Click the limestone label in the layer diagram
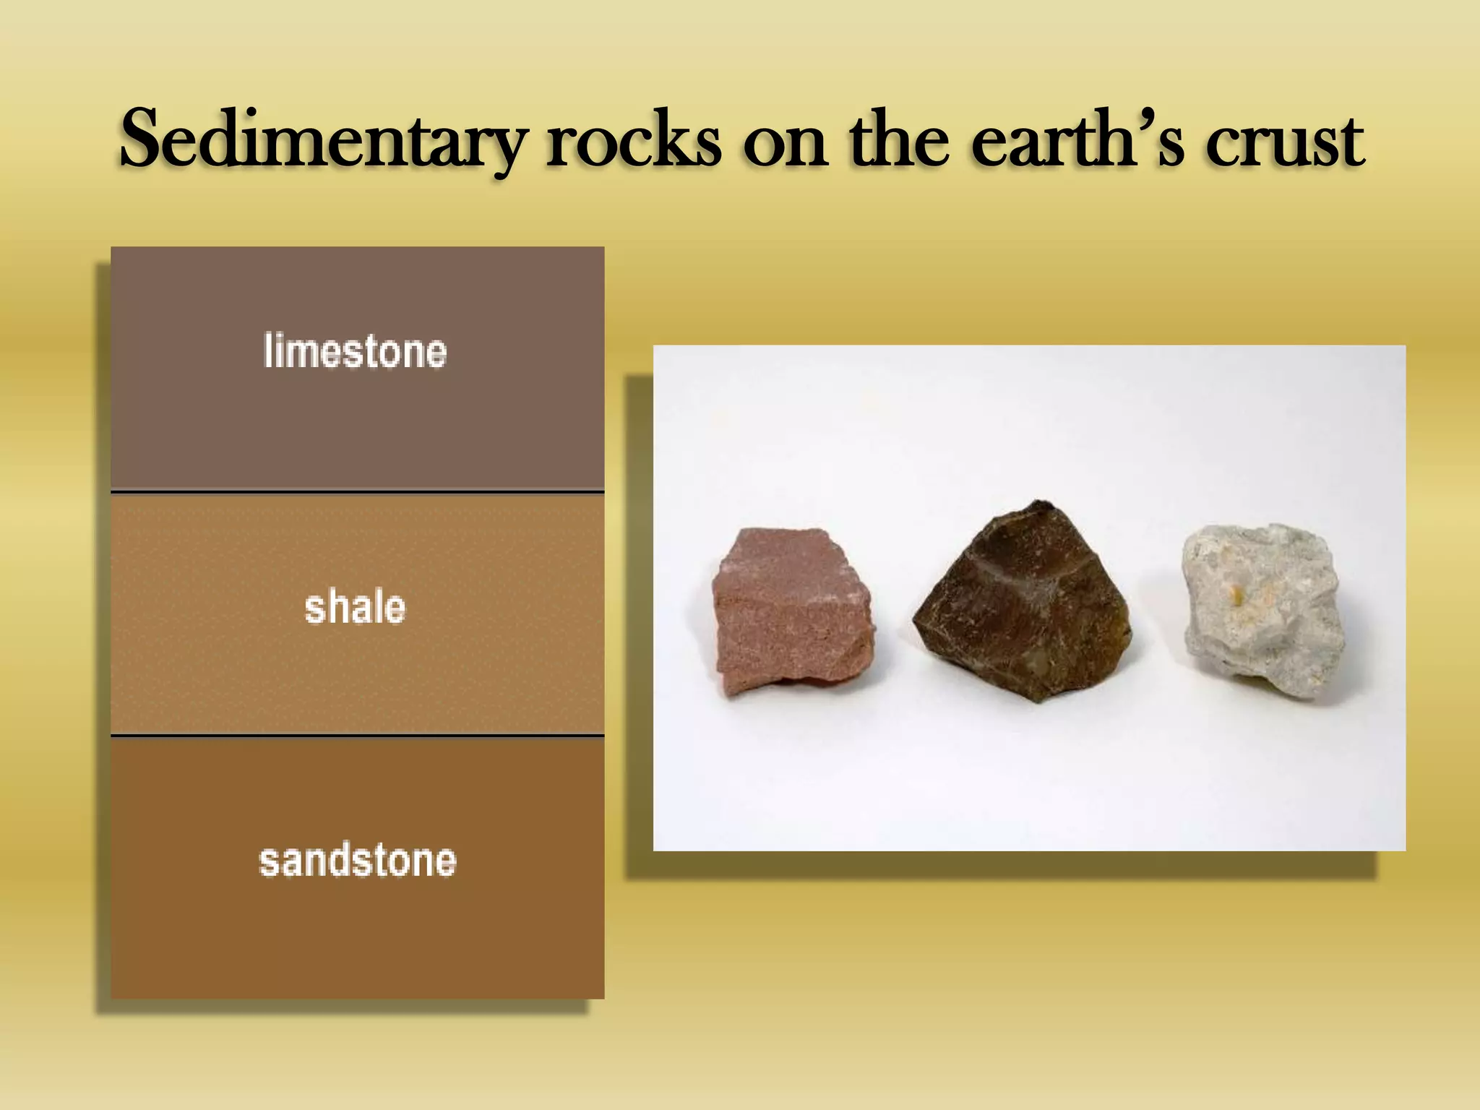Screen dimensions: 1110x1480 coord(355,351)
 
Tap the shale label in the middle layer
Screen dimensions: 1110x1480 coord(355,606)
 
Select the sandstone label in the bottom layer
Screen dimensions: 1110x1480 coord(358,860)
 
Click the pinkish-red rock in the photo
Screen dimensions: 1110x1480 coord(791,611)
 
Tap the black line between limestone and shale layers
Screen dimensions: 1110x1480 coord(358,492)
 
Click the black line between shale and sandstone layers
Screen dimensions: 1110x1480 coord(358,736)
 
